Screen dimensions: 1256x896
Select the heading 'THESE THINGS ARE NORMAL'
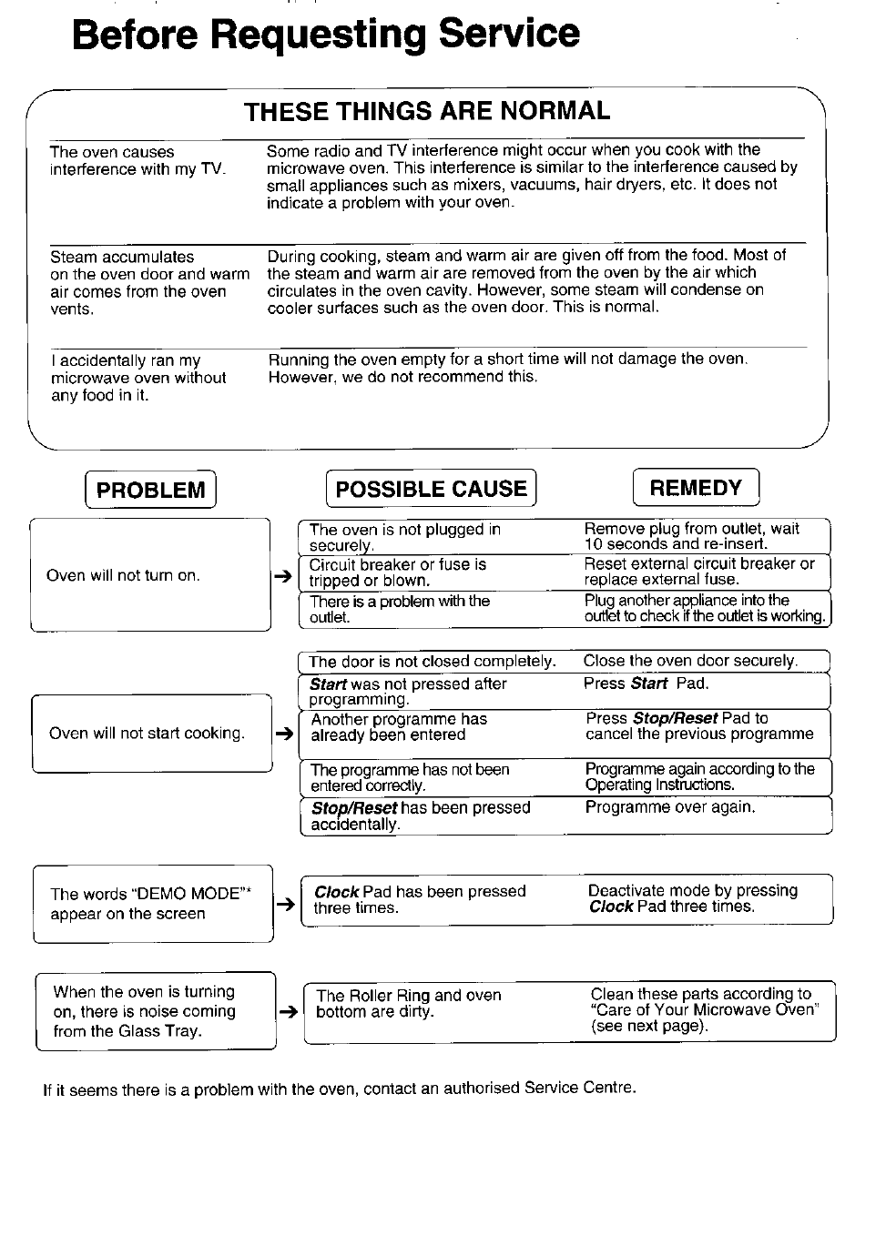pos(427,111)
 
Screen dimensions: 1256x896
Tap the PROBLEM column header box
pos(150,490)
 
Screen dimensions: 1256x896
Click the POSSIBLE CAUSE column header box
pos(431,489)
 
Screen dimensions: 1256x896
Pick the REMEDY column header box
pos(696,488)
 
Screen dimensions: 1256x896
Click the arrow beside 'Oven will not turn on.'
pos(282,576)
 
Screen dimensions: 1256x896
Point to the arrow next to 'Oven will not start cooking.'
pos(284,734)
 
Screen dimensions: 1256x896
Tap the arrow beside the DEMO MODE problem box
pos(284,904)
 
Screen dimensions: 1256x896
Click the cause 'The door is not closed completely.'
pos(432,662)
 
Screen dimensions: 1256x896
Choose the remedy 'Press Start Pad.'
pos(646,684)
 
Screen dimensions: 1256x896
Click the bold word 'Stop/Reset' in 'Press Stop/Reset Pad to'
pos(675,719)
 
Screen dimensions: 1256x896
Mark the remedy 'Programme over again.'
pos(669,807)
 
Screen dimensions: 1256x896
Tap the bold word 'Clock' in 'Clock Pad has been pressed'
pos(336,892)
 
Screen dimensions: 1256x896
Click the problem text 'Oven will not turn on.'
pos(123,576)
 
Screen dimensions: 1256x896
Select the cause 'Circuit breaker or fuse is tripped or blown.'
pos(397,572)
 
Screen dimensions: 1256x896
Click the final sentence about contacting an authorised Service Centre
pos(339,1089)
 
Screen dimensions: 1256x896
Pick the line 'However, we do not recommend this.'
pos(402,377)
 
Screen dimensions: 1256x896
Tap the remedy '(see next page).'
pos(648,1026)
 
